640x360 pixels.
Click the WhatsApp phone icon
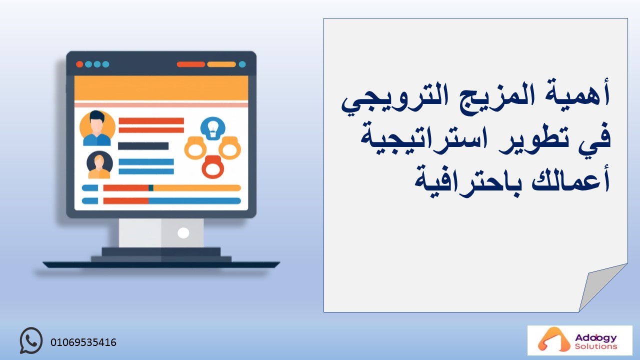[31, 340]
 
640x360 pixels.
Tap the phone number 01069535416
[83, 342]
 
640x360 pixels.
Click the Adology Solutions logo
[579, 340]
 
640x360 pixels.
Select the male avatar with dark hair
[97, 128]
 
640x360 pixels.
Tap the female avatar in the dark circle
[99, 164]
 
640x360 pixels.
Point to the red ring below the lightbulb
[213, 167]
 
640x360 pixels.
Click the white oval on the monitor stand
[183, 233]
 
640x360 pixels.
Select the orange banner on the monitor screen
[161, 88]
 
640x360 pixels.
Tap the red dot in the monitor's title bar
[79, 64]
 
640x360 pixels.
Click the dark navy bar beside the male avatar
[143, 146]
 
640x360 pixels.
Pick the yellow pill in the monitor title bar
[221, 64]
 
